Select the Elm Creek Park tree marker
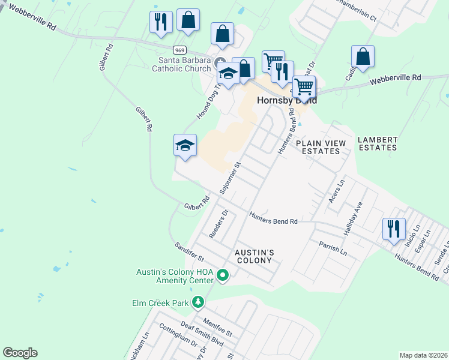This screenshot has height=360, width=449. point(199,304)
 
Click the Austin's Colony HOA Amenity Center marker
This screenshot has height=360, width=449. point(223,276)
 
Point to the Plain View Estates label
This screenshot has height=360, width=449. point(321,148)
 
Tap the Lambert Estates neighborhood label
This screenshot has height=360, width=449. point(378,143)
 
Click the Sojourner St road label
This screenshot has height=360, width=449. point(230,177)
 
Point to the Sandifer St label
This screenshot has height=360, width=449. point(190,251)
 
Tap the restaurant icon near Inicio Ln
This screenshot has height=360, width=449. point(394,229)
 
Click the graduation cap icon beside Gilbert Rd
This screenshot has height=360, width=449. point(185,145)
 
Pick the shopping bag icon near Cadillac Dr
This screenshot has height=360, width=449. point(363,57)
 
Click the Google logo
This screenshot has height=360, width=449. point(20,353)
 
